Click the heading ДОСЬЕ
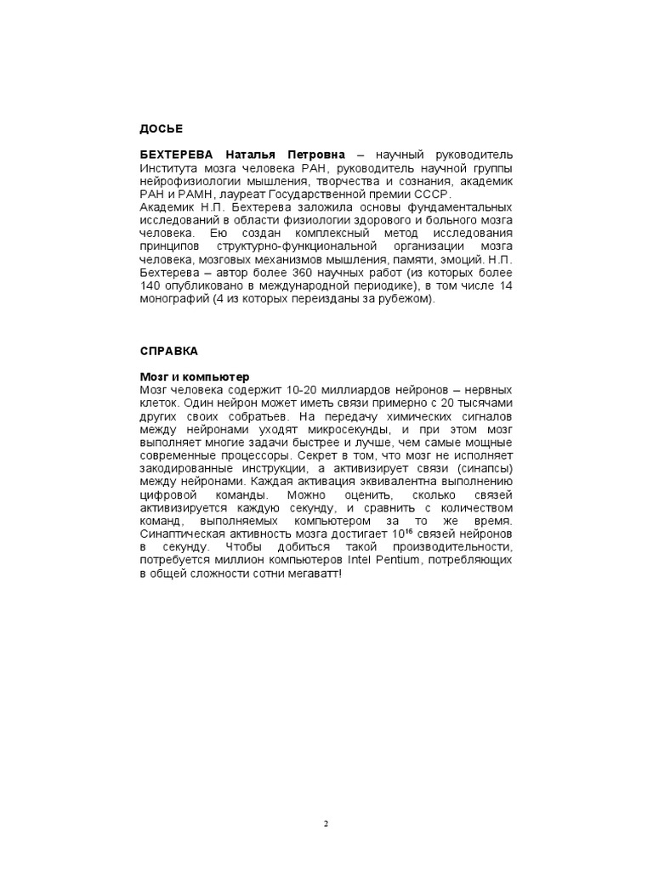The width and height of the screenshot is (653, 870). point(162,128)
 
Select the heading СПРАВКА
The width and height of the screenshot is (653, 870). point(169,350)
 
